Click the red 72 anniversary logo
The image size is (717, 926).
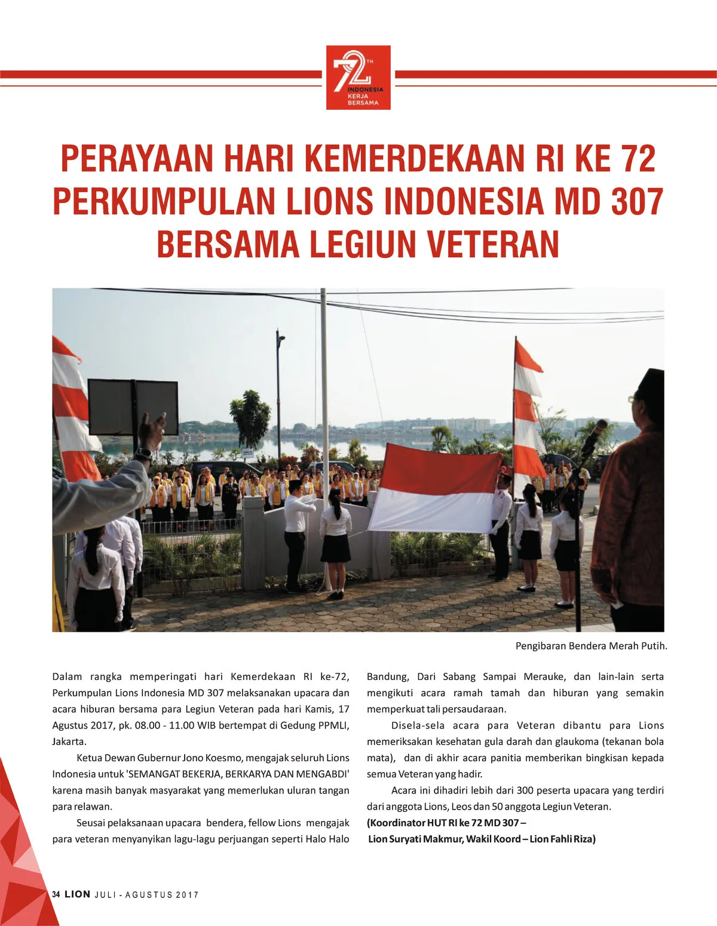[x=358, y=78]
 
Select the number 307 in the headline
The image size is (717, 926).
[x=637, y=201]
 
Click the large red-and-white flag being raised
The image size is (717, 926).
[x=436, y=488]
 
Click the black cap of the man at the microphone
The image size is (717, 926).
[x=649, y=380]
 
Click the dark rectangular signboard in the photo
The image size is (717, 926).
[x=133, y=407]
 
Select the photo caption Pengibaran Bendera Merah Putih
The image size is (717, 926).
[x=591, y=646]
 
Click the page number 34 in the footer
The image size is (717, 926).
[x=56, y=894]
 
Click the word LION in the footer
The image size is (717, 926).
[x=78, y=894]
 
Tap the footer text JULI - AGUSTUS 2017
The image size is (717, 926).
[x=146, y=895]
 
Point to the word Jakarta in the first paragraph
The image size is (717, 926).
[x=69, y=742]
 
